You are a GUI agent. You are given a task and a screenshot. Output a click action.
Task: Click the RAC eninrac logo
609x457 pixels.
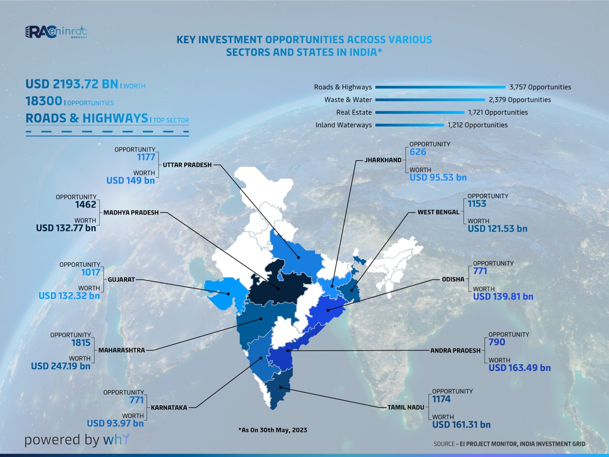point(56,32)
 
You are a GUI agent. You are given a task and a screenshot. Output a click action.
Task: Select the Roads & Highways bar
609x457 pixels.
point(440,87)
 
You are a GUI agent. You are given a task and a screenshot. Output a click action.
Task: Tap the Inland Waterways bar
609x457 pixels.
point(409,125)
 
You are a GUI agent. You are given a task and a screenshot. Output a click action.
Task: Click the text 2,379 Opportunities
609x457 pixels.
point(520,100)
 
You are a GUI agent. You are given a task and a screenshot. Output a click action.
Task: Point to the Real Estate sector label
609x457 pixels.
point(354,113)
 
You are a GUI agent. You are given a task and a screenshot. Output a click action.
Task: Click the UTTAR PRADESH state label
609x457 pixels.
point(187,165)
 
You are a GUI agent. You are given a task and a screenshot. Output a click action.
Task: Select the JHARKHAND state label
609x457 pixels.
point(383,160)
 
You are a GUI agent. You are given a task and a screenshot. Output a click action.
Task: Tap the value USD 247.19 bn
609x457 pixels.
point(60,366)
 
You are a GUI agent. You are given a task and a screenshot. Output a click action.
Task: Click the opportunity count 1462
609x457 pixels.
point(86,205)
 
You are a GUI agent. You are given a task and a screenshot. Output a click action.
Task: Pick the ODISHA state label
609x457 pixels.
point(453,279)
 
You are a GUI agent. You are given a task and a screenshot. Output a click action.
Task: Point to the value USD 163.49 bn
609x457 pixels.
point(520,368)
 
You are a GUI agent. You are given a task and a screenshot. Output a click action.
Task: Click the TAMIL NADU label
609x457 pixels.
point(406,407)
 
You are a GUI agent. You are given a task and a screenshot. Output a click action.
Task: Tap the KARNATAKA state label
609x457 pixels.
point(169,407)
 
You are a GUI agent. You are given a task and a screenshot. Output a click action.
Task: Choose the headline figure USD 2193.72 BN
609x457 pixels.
point(72,84)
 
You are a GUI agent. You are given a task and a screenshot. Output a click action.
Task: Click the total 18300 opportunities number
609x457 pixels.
point(44,101)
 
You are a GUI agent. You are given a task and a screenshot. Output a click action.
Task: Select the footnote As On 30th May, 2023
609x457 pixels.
point(273,430)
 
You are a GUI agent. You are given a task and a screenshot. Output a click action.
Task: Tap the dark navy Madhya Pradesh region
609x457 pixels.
point(276,284)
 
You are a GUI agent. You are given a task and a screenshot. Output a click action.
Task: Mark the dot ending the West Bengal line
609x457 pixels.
point(352,289)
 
